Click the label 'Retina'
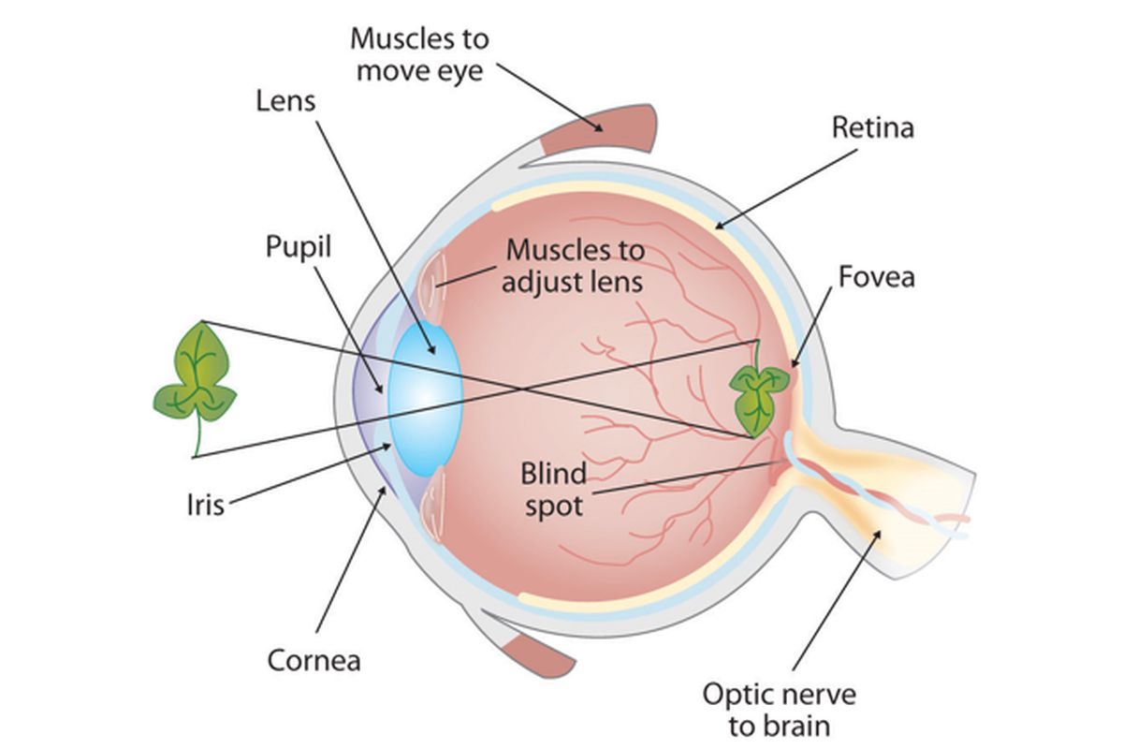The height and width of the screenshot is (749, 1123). pos(872,127)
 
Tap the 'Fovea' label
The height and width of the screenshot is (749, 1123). pos(876,277)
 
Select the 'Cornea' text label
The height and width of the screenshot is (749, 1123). pos(314,660)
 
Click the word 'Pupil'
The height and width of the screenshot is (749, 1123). pos(299,247)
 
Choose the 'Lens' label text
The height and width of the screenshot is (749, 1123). pos(286,101)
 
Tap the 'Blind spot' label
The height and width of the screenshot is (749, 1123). pos(552,489)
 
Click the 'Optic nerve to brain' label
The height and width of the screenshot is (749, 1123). pos(780,710)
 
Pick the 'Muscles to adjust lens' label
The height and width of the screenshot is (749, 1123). pos(574,266)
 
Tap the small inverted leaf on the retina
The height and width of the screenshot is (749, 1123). pos(760,393)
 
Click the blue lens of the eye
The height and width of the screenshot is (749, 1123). pos(426,397)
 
